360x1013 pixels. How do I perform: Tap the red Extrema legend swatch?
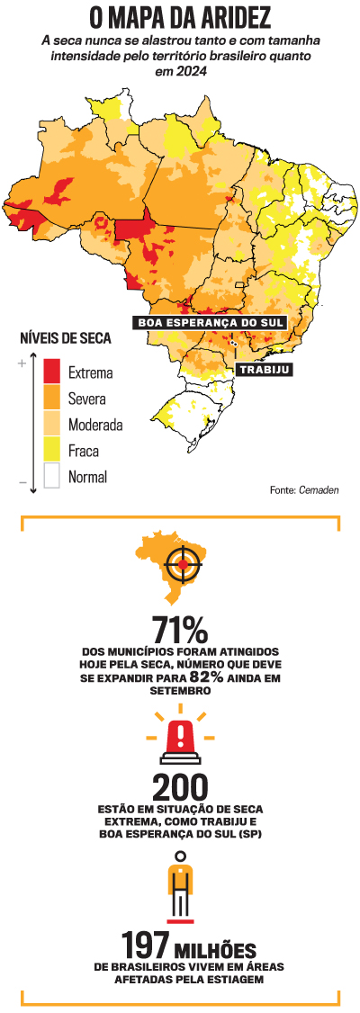tap(51, 371)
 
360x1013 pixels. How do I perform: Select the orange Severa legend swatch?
tap(51, 398)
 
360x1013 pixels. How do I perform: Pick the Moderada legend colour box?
tap(51, 424)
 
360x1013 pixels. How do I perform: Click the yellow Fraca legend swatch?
tap(51, 450)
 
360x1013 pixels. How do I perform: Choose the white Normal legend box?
tap(51, 476)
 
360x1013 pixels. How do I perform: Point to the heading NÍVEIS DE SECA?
tap(65, 339)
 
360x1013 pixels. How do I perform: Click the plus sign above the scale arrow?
tap(21, 363)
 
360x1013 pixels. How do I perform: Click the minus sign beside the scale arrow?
tap(21, 483)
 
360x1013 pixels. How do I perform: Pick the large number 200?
tap(180, 786)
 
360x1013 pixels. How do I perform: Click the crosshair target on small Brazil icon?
tap(184, 563)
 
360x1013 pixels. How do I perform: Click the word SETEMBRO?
tap(180, 691)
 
